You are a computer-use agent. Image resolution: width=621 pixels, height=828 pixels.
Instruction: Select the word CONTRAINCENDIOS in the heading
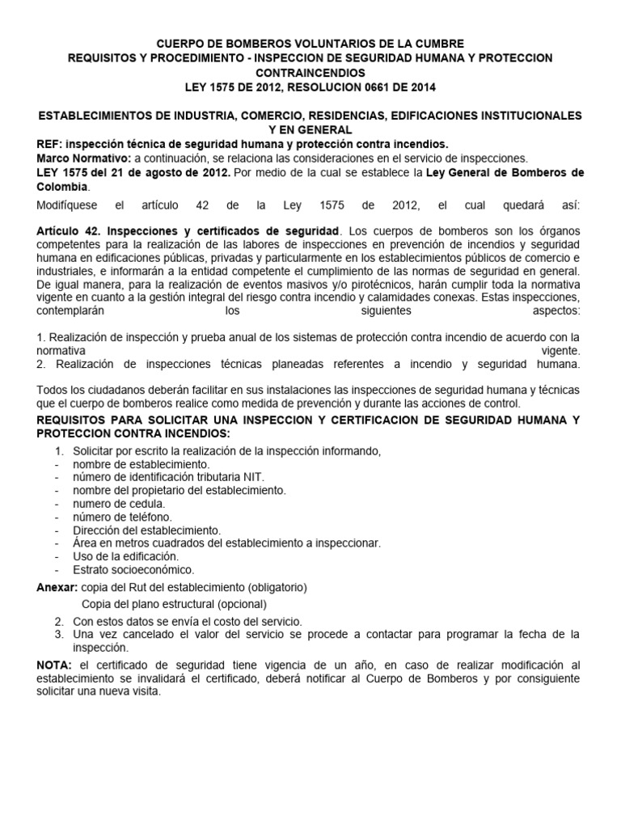310,72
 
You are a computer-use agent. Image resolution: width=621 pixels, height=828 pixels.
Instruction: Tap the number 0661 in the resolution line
361,87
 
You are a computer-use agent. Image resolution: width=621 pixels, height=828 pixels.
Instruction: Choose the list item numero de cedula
119,504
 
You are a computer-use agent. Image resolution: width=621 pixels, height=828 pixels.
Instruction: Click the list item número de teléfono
122,517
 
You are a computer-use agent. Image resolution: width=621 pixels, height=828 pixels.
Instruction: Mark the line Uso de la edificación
126,556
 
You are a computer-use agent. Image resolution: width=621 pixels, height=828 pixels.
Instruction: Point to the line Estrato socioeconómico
133,569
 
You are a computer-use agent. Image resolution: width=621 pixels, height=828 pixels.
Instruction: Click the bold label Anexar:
58,586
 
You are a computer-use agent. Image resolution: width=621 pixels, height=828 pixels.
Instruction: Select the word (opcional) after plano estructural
239,604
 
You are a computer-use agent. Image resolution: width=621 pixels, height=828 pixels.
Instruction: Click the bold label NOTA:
54,664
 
